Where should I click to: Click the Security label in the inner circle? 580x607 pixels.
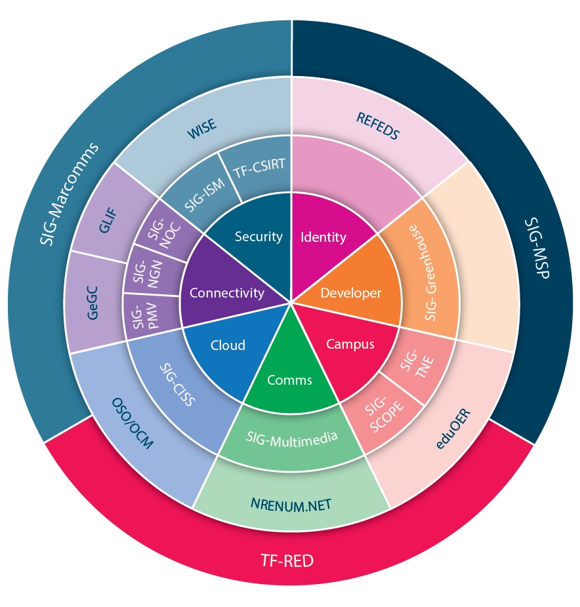[x=259, y=237]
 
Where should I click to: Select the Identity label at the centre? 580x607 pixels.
[x=323, y=237]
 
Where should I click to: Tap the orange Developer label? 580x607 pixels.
[x=350, y=293]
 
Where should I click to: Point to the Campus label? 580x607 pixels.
[x=350, y=343]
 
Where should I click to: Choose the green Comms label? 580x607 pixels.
[x=289, y=380]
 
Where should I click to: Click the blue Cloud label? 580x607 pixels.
[x=228, y=345]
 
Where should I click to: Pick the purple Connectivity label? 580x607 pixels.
[x=226, y=293]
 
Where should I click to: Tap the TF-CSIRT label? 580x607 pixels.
[x=259, y=166]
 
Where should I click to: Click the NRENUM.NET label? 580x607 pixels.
[x=291, y=504]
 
